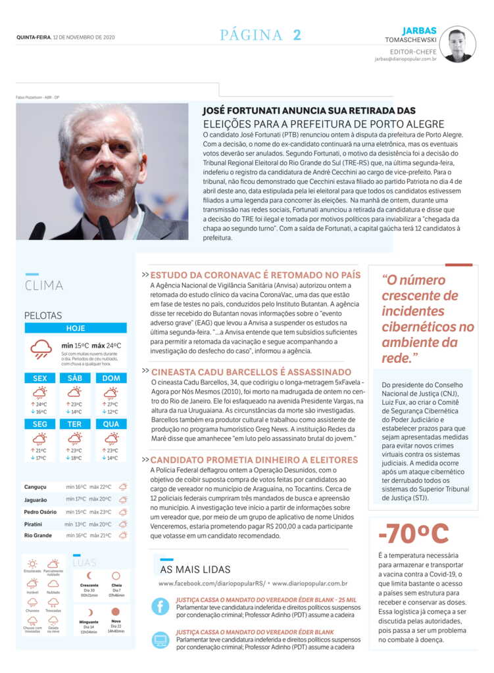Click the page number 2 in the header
297,35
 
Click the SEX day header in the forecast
39,379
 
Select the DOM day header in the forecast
111,379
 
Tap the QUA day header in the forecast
111,425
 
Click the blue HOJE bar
76,328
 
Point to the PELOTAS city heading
43,315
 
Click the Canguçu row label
36,487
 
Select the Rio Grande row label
37,536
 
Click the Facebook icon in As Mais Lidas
161,606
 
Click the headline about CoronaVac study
255,275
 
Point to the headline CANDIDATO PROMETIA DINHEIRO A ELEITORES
254,460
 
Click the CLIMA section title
44,285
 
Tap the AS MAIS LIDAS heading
195,569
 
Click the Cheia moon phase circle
116,576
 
